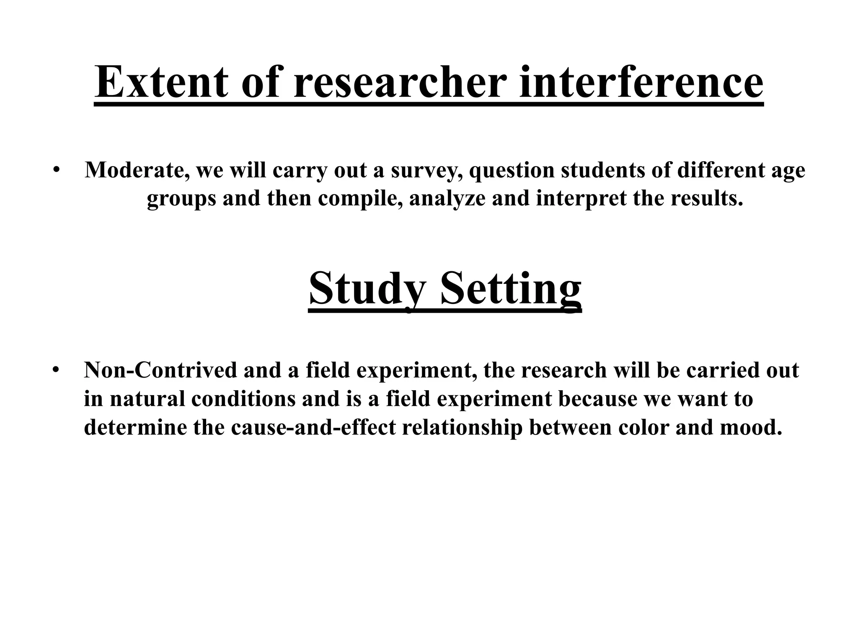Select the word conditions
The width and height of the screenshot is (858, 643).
(243, 399)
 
